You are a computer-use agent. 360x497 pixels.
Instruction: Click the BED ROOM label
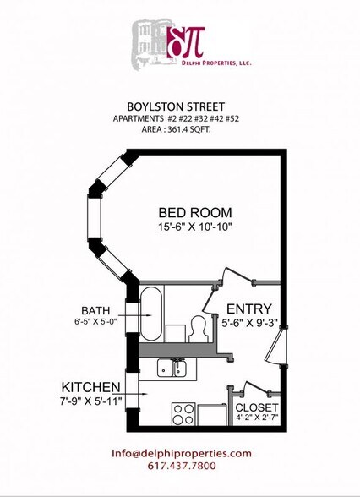tap(195, 213)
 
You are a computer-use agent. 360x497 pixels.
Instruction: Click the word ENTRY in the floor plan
tap(249, 309)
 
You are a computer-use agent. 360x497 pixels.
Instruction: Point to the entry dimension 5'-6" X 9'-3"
tap(249, 322)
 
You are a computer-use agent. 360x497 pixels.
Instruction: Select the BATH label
tap(95, 310)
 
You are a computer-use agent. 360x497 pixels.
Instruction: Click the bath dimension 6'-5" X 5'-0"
tap(95, 322)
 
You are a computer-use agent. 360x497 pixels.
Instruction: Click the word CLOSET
tap(256, 406)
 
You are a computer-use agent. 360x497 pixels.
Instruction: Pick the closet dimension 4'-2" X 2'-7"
tap(256, 417)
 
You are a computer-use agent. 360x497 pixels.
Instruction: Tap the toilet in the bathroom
tap(199, 327)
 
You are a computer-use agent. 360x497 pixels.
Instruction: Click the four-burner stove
tap(184, 413)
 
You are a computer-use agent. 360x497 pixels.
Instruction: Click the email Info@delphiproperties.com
tap(181, 453)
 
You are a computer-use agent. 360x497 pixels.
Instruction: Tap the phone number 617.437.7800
tap(181, 466)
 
